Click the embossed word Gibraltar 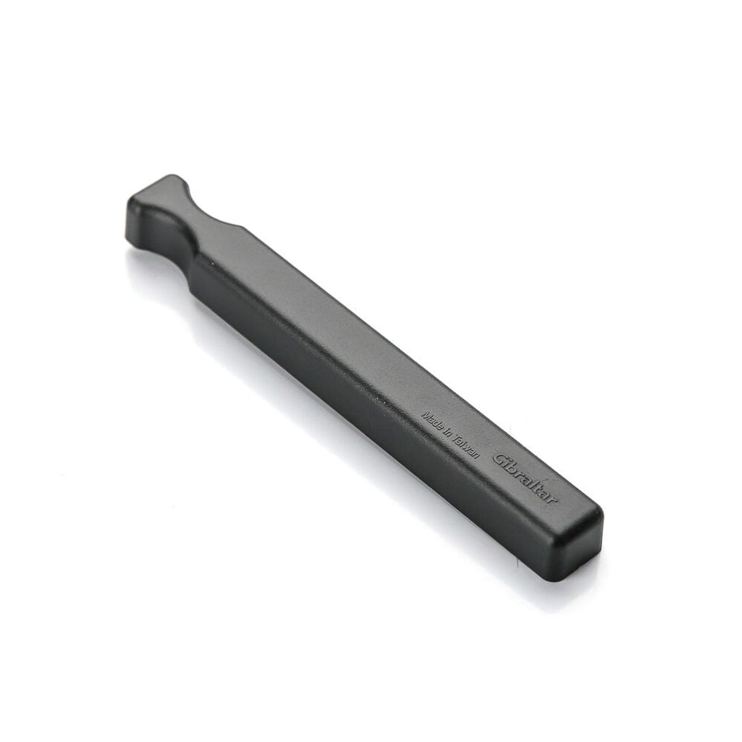526,480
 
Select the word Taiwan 466,446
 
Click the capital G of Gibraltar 500,460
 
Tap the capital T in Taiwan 456,438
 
